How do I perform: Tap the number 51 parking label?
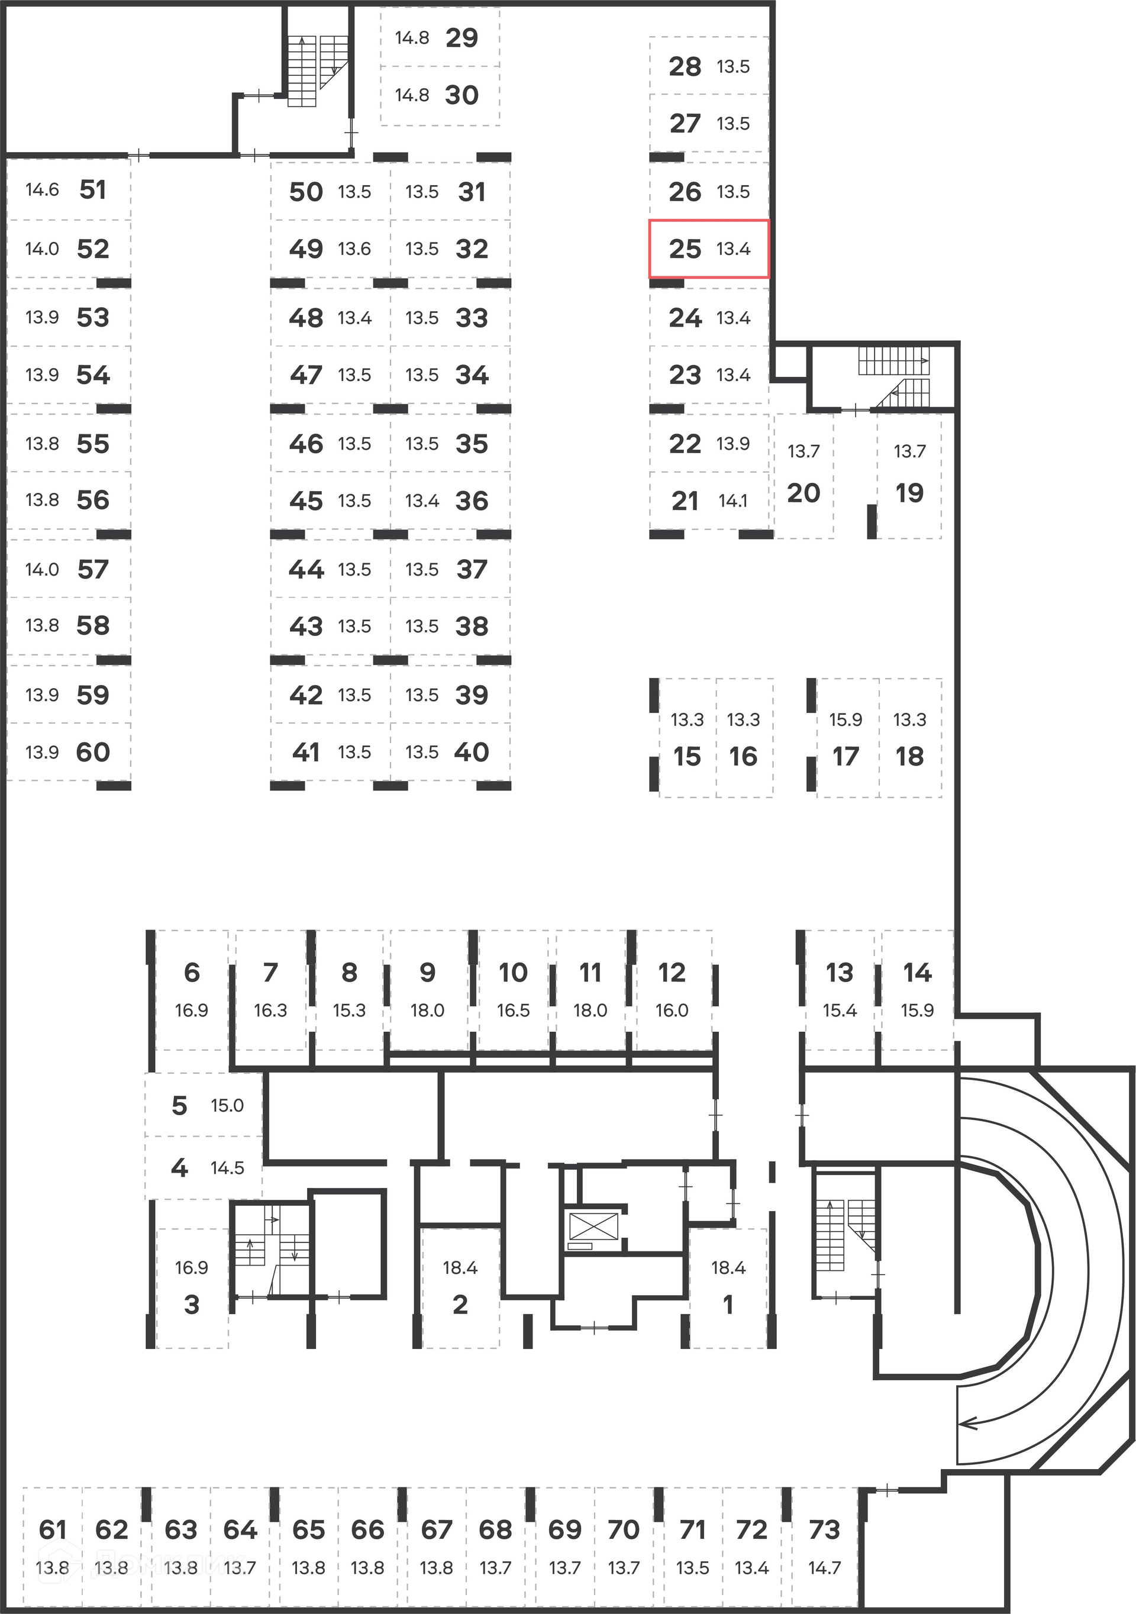click(92, 190)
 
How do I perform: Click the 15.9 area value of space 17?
click(845, 720)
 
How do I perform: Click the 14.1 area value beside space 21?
click(732, 501)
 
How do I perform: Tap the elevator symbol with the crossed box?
click(593, 1226)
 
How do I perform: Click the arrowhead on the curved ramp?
click(968, 1423)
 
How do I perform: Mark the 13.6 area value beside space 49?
click(354, 249)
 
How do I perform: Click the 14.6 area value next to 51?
click(42, 190)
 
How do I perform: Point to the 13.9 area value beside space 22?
click(732, 444)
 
